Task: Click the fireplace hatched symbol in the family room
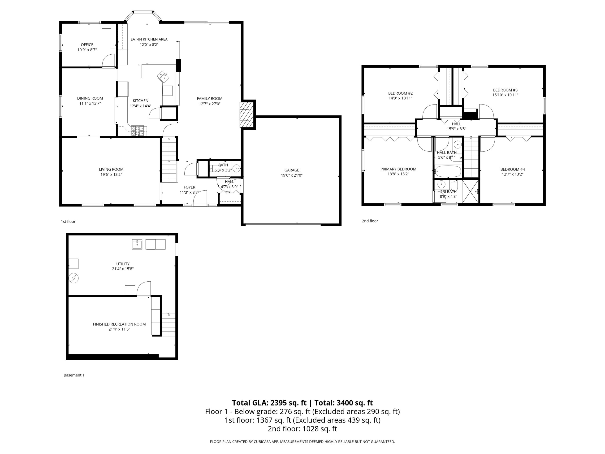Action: coord(246,114)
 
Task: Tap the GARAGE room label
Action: coord(292,170)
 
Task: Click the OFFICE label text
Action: coord(87,45)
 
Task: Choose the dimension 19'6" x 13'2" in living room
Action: coord(111,175)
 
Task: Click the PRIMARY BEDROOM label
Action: coord(398,169)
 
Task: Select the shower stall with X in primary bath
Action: coord(471,191)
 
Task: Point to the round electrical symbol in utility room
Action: coord(73,278)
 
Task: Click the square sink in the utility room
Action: coord(137,244)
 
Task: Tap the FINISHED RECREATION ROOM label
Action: coord(119,324)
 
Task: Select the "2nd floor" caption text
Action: coord(370,221)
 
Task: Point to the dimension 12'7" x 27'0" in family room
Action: coord(210,104)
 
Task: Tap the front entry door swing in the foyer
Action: coord(200,197)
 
